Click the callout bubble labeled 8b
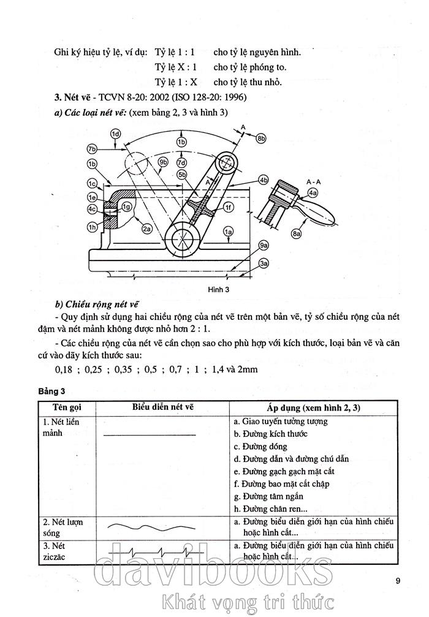[262, 138]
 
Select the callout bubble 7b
[93, 149]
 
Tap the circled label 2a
[146, 229]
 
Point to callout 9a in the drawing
[264, 245]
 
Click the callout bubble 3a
[264, 263]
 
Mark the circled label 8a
[298, 233]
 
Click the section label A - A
[313, 182]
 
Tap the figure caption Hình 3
[219, 289]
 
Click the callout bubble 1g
[126, 206]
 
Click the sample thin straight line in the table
[150, 434]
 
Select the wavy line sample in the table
[150, 526]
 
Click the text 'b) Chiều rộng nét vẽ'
[97, 305]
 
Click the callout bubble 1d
[116, 133]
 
